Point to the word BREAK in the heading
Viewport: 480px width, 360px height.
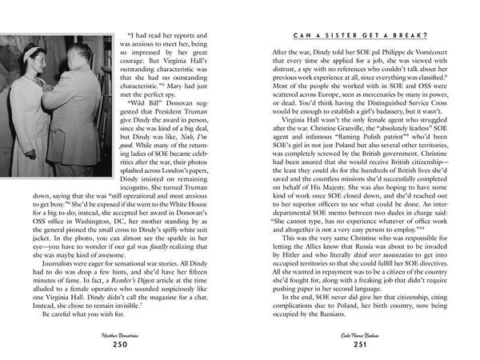point(409,36)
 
